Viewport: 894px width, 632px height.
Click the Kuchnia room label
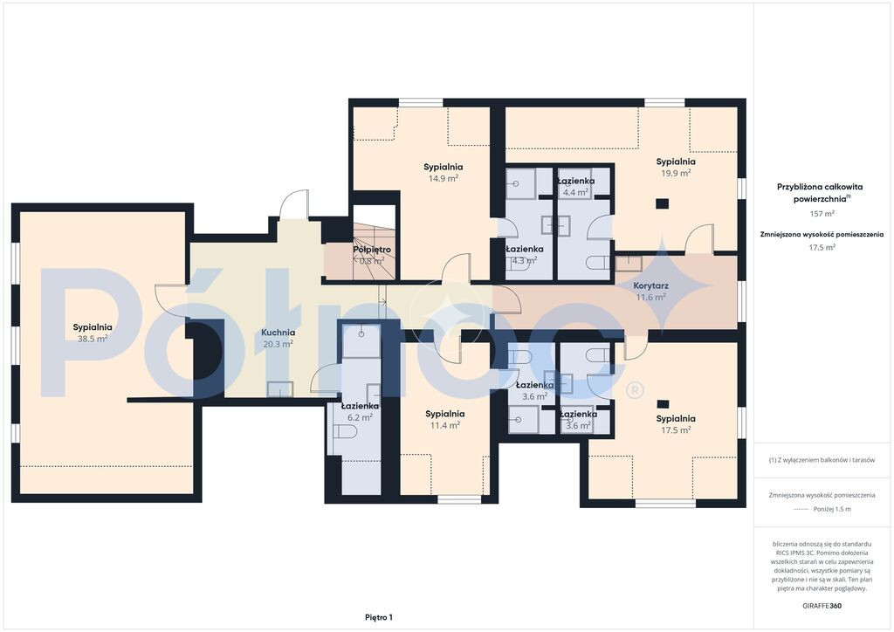279,333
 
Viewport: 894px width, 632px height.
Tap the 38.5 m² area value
93,339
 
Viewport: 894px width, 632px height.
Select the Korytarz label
651,285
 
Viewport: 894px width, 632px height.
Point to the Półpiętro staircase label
372,250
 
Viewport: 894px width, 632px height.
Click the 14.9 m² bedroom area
443,178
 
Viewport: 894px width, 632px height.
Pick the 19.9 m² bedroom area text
676,173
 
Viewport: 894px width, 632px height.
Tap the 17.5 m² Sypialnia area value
676,429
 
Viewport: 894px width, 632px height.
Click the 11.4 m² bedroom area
444,425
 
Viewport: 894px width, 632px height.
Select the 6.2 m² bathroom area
360,417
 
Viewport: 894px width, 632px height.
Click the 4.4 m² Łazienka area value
575,192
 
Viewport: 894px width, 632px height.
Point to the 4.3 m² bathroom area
524,260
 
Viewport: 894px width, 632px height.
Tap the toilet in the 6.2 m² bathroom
344,431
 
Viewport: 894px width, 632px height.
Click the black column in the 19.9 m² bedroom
662,203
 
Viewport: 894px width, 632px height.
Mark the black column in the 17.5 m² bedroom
663,404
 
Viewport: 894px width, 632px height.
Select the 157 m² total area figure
822,214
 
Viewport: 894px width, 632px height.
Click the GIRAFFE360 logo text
822,605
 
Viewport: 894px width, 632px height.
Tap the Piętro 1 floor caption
379,617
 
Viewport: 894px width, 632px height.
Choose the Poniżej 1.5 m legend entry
832,509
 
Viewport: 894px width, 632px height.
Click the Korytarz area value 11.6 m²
650,297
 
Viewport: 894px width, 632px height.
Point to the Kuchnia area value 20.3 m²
278,344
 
